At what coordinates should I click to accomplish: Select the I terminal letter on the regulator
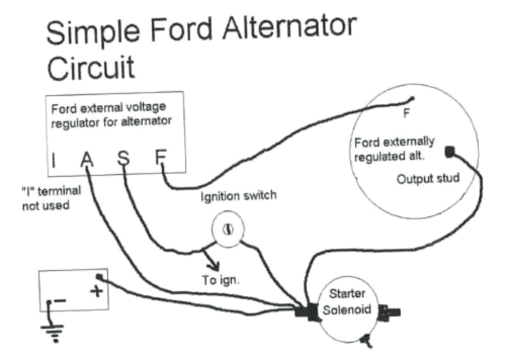point(53,160)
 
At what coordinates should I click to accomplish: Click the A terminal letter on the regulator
point(86,160)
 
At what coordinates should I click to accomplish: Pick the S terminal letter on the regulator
point(123,159)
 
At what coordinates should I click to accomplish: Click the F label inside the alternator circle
point(406,113)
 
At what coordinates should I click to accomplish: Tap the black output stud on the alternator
point(450,152)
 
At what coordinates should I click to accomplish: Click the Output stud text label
point(427,178)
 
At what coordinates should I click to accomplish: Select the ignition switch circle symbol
point(227,230)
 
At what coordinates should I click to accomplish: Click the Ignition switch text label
point(238,196)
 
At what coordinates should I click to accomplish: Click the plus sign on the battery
point(97,292)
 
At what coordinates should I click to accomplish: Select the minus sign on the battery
point(60,299)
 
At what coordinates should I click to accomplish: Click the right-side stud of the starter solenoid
point(391,311)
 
